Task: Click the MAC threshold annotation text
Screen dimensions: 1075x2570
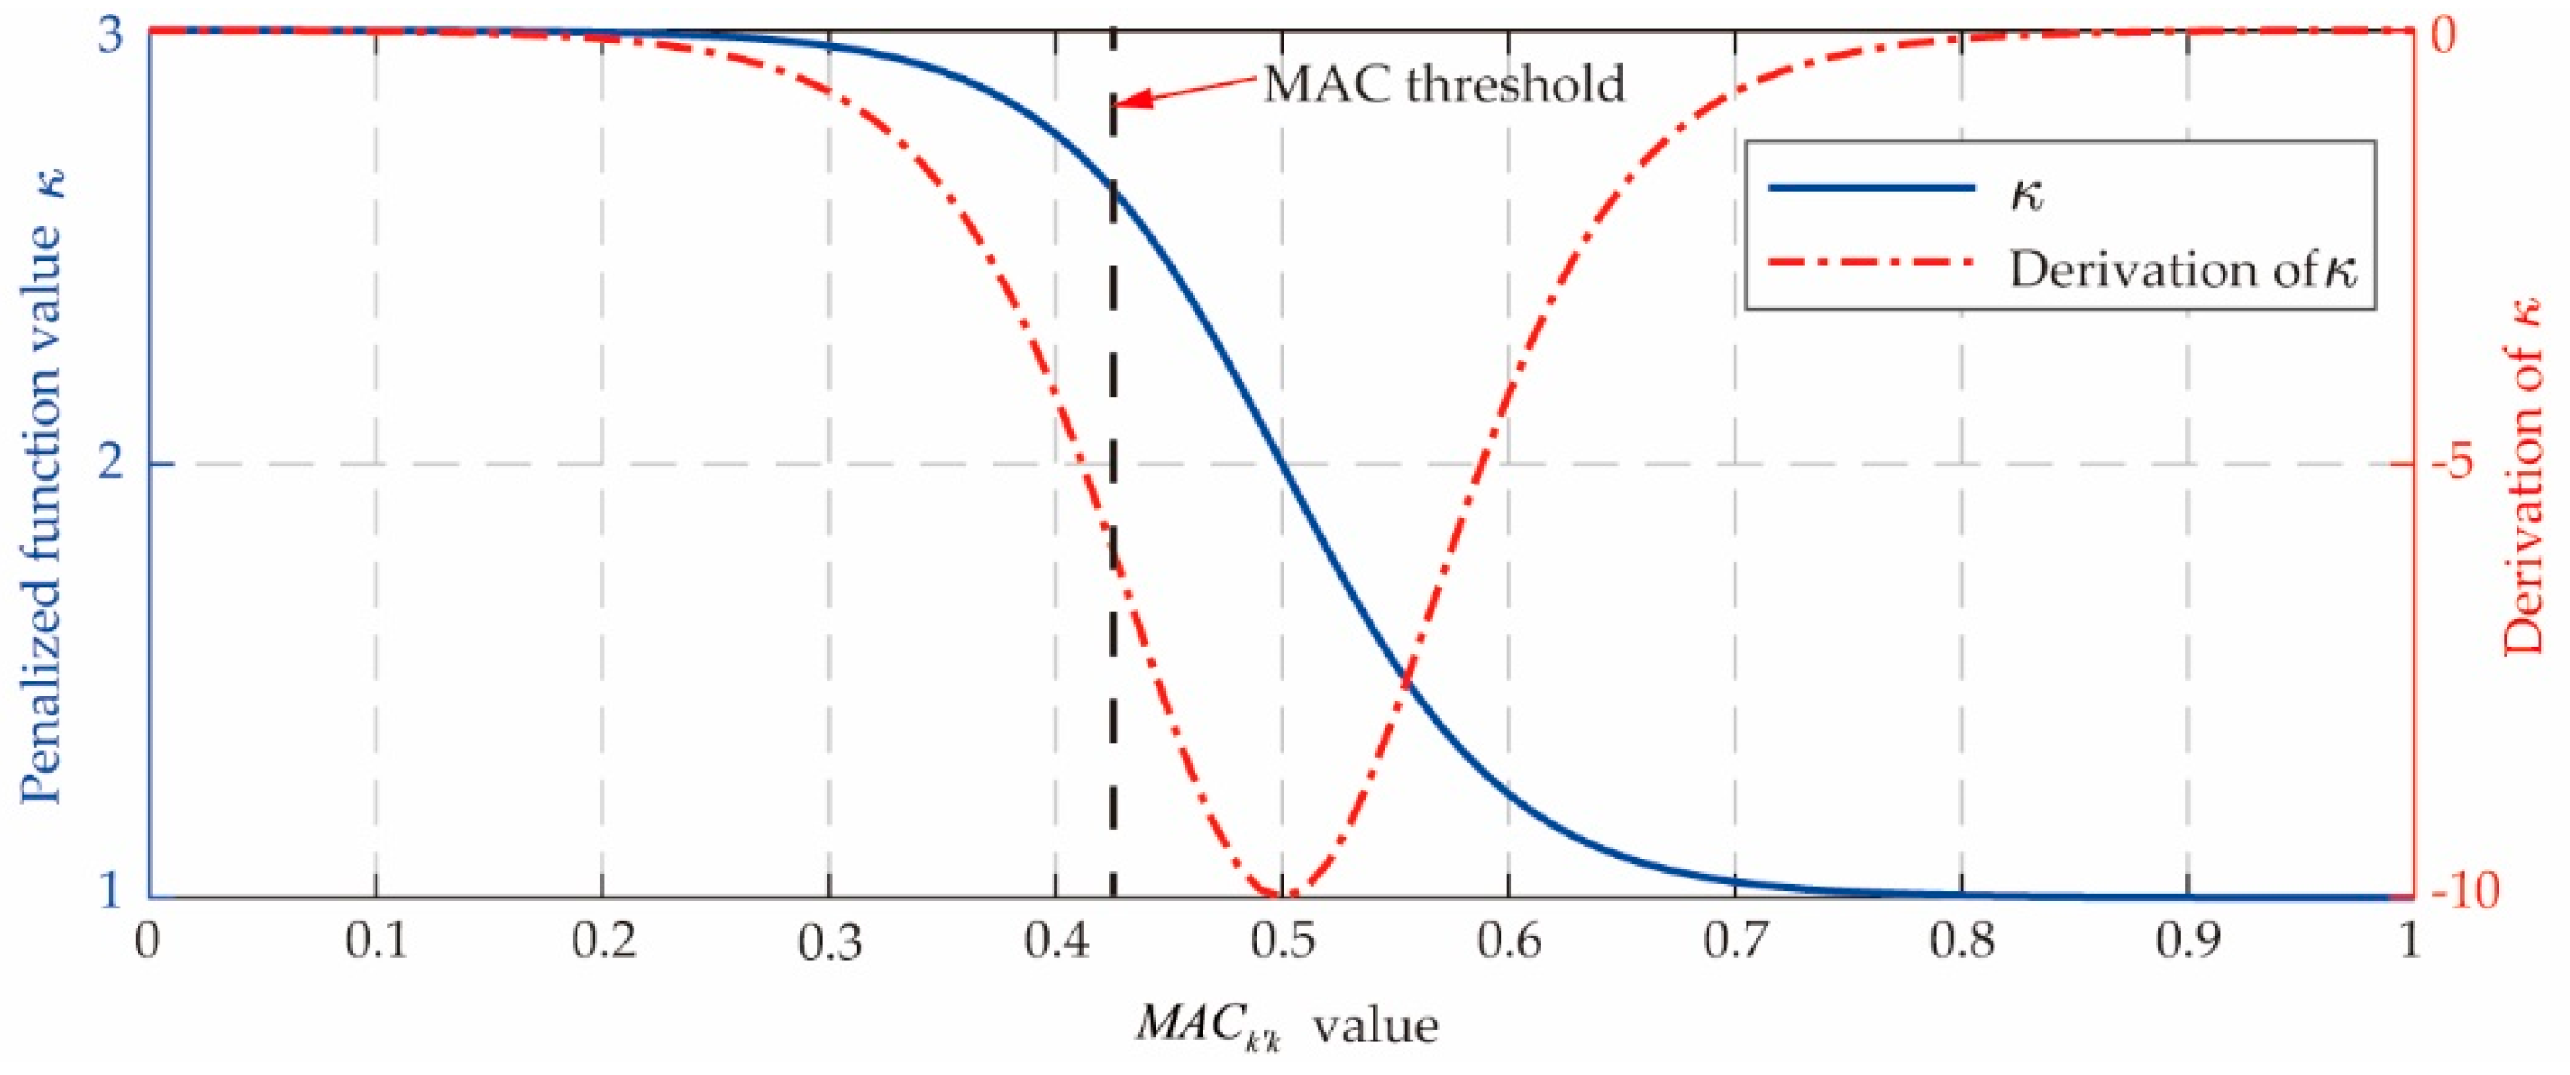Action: click(x=1444, y=85)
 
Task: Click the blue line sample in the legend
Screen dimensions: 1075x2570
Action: click(x=1871, y=187)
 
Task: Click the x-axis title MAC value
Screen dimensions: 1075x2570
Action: click(x=1287, y=1025)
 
